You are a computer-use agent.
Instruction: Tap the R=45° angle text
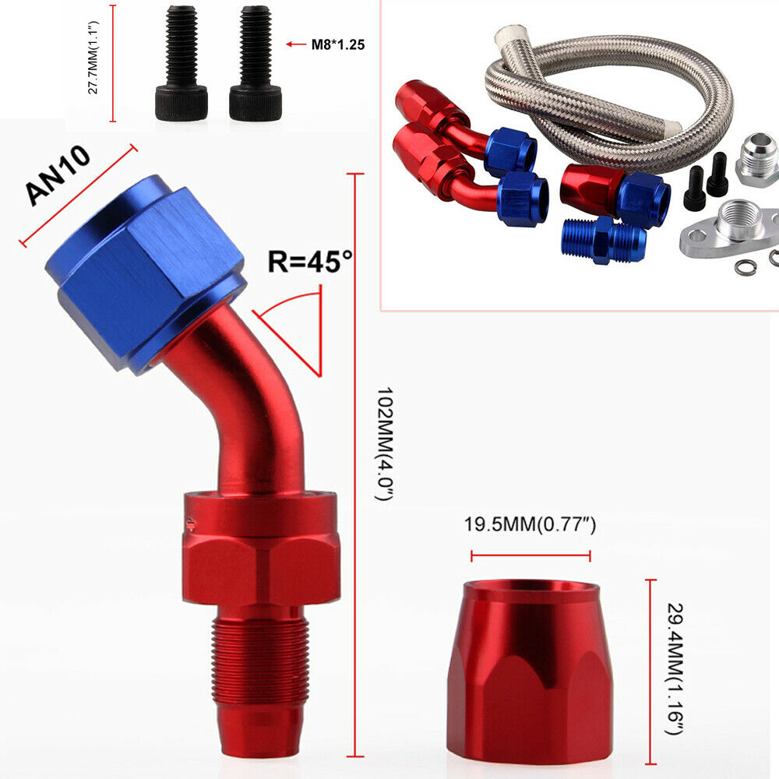[311, 261]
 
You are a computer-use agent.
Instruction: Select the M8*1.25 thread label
[338, 44]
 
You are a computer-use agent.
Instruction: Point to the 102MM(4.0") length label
[385, 444]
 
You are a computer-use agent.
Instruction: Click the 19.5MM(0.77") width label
[530, 524]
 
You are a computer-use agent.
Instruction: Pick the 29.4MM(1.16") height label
[675, 668]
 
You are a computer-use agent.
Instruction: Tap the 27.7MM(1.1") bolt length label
[93, 58]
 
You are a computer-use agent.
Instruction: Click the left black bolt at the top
[182, 63]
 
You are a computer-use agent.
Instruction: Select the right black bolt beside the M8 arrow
[255, 63]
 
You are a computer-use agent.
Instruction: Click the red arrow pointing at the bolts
[296, 44]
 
